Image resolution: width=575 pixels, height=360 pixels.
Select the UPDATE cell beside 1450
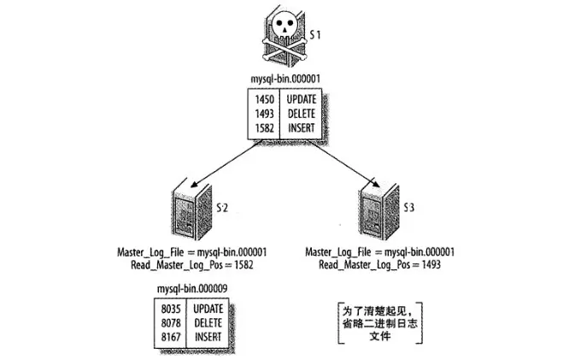click(x=302, y=100)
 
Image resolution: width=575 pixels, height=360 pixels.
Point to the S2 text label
click(x=223, y=208)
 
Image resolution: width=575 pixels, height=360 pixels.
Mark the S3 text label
click(x=409, y=208)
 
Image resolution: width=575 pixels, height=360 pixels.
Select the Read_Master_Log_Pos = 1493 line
click(x=379, y=265)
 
